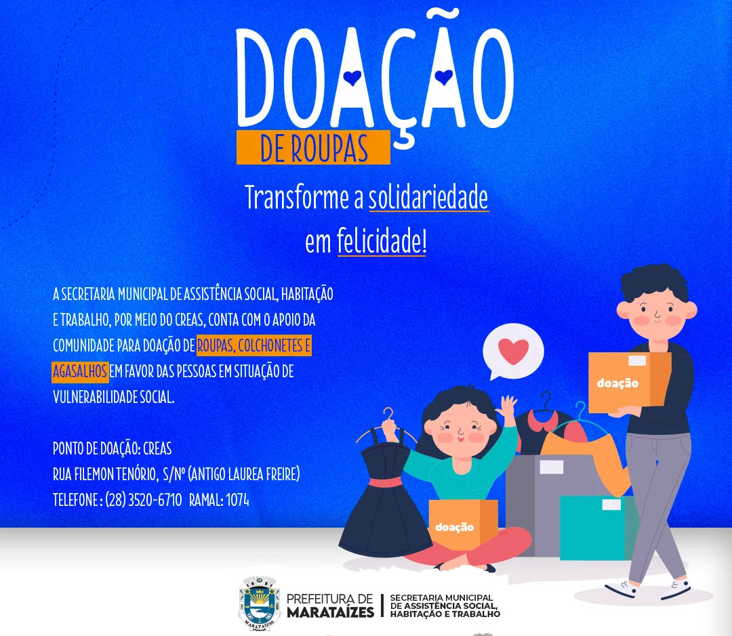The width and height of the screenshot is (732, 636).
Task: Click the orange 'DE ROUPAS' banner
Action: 313,147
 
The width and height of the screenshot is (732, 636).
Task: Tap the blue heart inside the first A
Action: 352,77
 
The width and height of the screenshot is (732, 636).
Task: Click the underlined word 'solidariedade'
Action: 428,197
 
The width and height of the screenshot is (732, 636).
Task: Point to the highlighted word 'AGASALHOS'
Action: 80,371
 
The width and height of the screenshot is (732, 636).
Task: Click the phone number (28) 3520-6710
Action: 143,500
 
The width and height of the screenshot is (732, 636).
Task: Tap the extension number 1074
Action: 238,501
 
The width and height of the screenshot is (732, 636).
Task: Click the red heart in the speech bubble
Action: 514,352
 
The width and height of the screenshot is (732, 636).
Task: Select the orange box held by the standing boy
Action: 629,382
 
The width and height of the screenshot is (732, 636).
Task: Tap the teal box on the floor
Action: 599,528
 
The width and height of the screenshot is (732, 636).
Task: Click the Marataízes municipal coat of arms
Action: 259,603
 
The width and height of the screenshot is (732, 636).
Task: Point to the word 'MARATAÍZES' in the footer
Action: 331,612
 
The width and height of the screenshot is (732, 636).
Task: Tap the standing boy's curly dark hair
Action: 655,282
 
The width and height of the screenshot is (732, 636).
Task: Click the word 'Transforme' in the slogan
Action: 297,197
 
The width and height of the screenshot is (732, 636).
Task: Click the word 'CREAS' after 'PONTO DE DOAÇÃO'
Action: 157,448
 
